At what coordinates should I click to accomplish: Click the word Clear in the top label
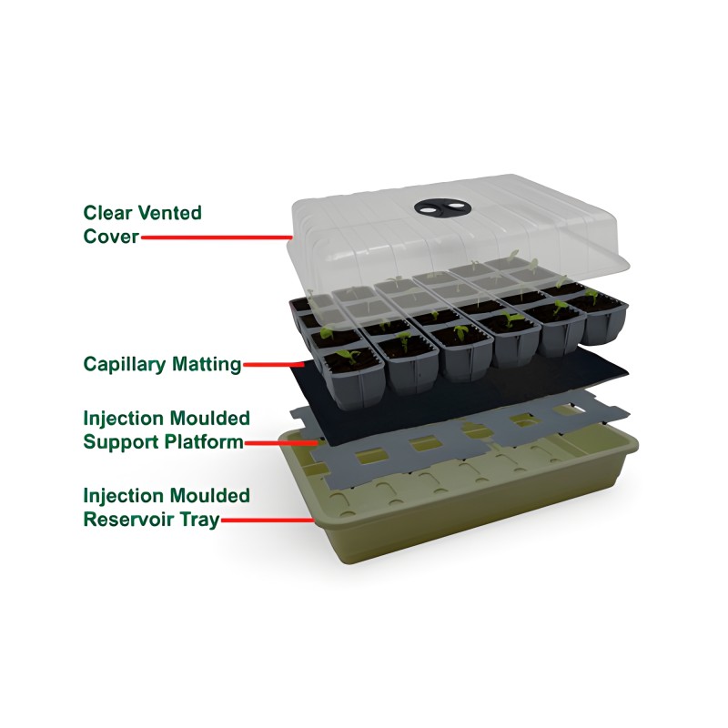[x=107, y=213]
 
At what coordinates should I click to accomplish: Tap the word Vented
[x=170, y=213]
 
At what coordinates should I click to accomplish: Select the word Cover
[x=111, y=237]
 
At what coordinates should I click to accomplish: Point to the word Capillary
[x=124, y=365]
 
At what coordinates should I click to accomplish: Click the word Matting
[x=207, y=365]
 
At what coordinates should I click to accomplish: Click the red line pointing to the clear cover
[x=217, y=238]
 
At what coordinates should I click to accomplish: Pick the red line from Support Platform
[x=282, y=443]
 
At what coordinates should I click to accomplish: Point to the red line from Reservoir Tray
[x=268, y=520]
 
